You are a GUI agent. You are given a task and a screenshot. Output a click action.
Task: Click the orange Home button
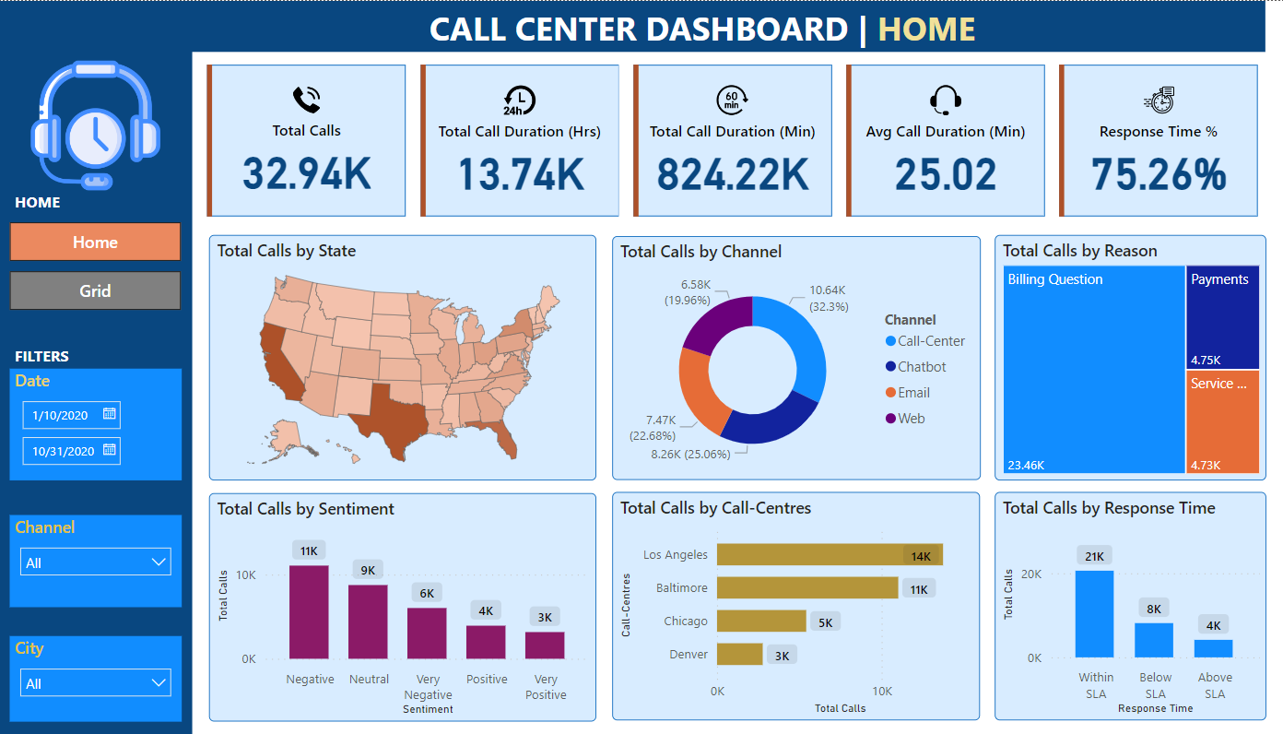95,243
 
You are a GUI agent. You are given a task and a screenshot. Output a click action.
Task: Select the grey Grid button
95,291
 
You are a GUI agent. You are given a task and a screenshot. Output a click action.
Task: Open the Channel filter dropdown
95,562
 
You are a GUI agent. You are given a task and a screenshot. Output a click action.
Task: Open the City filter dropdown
95,683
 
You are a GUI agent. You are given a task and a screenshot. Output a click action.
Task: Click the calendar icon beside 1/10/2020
109,415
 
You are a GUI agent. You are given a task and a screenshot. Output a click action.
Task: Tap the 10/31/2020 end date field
63,451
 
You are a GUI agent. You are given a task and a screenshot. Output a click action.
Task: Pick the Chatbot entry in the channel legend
922,367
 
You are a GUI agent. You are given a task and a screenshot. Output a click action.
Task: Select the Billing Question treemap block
1093,369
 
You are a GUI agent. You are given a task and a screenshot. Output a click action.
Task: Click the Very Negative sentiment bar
427,633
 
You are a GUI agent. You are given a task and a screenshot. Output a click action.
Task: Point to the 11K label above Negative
309,551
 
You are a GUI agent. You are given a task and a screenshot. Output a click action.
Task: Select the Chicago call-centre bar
761,622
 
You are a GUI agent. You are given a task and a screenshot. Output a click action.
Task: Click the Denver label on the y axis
689,655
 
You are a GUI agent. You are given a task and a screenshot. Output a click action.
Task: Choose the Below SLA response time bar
1154,640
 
